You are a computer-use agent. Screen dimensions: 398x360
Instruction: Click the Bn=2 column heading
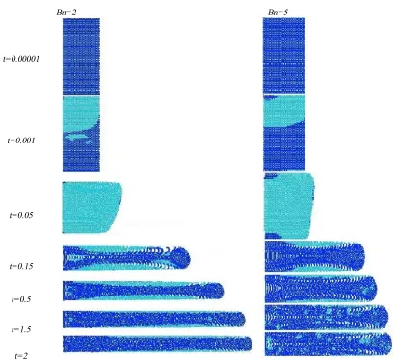point(66,13)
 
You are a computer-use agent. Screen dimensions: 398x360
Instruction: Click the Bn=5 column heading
point(278,13)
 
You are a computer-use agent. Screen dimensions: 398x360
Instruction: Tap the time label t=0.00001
point(21,59)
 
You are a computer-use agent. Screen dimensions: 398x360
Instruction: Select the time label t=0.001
point(21,141)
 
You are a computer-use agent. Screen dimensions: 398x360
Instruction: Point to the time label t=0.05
point(21,215)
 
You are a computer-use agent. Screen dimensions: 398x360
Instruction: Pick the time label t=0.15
point(21,266)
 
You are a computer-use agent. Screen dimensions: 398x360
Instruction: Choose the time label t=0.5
point(21,299)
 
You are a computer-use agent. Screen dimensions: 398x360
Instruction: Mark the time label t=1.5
point(21,329)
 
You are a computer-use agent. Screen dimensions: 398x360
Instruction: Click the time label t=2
point(21,356)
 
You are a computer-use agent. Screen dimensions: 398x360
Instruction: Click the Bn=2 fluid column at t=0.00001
point(81,57)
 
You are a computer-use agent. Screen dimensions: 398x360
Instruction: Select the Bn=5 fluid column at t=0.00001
point(283,56)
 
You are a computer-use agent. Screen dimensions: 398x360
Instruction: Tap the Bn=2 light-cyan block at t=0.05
point(92,207)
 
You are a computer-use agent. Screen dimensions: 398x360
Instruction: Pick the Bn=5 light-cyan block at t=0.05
point(289,206)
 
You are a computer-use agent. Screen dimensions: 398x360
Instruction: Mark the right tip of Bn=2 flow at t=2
point(252,345)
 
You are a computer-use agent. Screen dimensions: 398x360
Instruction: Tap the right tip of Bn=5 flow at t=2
point(391,345)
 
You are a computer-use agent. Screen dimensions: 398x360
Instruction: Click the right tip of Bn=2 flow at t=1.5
point(245,320)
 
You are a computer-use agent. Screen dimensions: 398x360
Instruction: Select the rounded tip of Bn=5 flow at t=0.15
point(364,256)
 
